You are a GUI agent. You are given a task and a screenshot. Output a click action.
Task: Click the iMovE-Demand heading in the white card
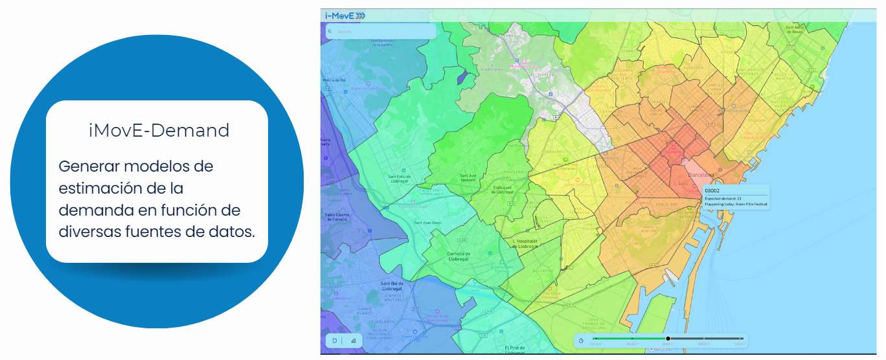(x=159, y=131)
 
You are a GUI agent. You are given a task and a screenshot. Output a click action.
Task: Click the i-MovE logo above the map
(x=345, y=16)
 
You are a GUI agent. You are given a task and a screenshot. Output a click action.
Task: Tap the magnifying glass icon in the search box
(x=330, y=31)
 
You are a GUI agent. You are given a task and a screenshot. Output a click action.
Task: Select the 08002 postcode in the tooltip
(x=713, y=190)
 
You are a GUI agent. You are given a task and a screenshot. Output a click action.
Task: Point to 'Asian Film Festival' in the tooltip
(x=752, y=205)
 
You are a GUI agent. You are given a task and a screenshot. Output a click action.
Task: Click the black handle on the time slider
(x=668, y=339)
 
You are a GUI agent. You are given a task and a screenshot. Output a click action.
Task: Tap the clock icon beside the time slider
(x=581, y=341)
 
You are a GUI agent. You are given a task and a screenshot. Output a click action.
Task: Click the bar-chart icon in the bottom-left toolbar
(x=353, y=340)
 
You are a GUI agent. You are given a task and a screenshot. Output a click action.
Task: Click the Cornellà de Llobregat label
(x=458, y=256)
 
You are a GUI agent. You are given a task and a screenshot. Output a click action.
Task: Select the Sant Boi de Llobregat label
(x=392, y=286)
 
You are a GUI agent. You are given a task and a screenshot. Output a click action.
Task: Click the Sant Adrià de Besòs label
(x=795, y=29)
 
